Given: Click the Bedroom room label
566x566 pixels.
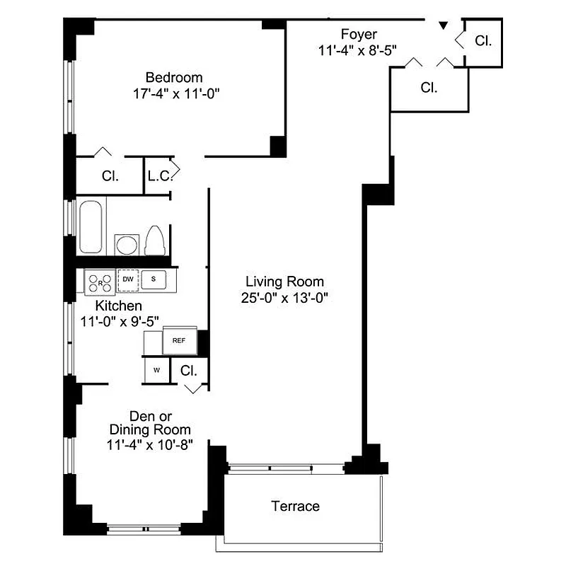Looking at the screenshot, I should point(173,77).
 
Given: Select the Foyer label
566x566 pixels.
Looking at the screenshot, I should point(359,34).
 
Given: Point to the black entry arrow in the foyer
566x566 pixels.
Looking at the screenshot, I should point(443,26).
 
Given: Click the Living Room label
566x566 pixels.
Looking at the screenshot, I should point(284,281).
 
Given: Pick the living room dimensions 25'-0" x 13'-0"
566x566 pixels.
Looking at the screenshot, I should point(284,297).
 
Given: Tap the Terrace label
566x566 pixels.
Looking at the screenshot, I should point(296,506).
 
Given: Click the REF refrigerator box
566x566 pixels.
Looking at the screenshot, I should point(179,340).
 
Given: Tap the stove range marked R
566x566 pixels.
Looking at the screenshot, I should point(100,282).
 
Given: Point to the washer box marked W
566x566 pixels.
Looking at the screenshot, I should point(156,370).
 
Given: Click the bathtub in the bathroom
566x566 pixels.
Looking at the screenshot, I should point(91,227).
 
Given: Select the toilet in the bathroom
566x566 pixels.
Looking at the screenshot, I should point(155,240).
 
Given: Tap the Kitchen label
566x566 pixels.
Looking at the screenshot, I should point(119,306).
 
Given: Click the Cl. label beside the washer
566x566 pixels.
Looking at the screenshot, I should point(188,370).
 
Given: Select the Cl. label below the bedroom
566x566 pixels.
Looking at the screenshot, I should point(110,176).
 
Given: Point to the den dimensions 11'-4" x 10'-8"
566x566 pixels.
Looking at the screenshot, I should point(149,445).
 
